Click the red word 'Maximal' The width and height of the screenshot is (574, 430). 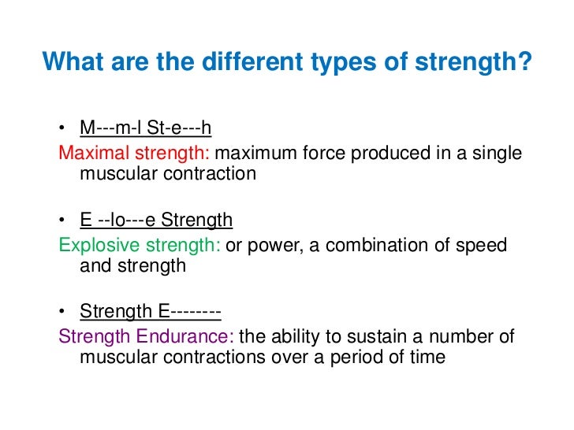coord(91,152)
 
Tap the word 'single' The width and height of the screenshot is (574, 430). coord(497,152)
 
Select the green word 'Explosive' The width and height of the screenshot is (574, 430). coord(96,245)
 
